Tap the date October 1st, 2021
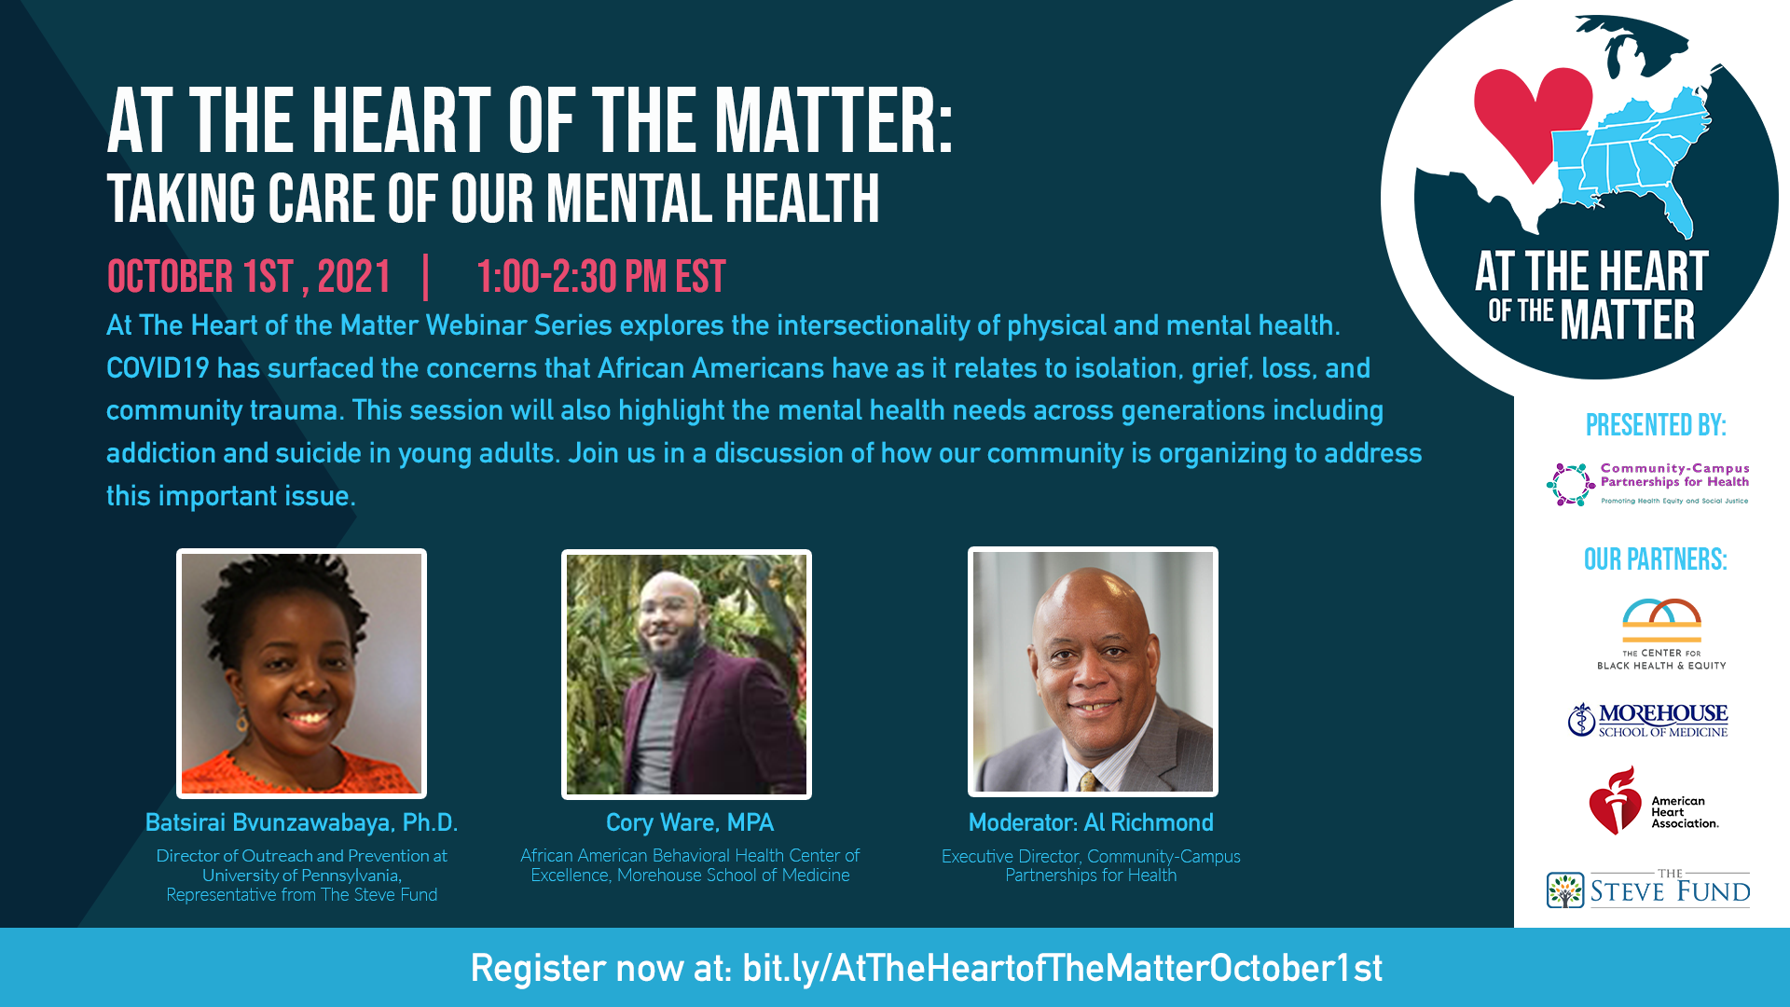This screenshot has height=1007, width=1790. [x=249, y=277]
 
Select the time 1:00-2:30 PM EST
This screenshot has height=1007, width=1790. [x=600, y=277]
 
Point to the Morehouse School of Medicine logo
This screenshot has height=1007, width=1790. [x=1647, y=720]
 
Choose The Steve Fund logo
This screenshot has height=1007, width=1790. [x=1648, y=889]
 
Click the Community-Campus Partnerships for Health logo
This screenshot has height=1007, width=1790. [x=1648, y=484]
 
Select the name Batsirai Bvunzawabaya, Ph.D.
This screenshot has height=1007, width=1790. [x=301, y=822]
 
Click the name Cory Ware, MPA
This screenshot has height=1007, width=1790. [x=690, y=822]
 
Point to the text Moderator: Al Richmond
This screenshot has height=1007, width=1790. [x=1091, y=822]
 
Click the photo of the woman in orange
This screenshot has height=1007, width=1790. [x=301, y=673]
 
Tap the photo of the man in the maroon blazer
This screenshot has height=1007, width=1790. [x=686, y=674]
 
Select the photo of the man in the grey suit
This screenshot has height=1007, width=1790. [x=1093, y=671]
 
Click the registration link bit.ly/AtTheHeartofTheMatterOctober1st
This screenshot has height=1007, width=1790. [x=1063, y=969]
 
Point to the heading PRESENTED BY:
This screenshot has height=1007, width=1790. [x=1656, y=425]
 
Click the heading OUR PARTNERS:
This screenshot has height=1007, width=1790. [x=1656, y=559]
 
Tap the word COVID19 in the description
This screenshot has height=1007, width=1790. [x=158, y=368]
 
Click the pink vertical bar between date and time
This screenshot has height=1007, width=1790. [x=426, y=277]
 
